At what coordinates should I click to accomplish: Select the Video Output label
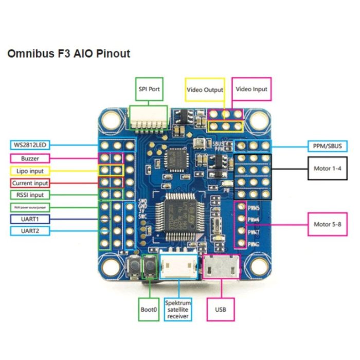tap(205, 89)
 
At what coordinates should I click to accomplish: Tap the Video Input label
tap(251, 89)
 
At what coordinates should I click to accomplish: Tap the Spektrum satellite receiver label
tap(178, 310)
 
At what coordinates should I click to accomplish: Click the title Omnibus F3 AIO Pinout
tap(68, 53)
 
